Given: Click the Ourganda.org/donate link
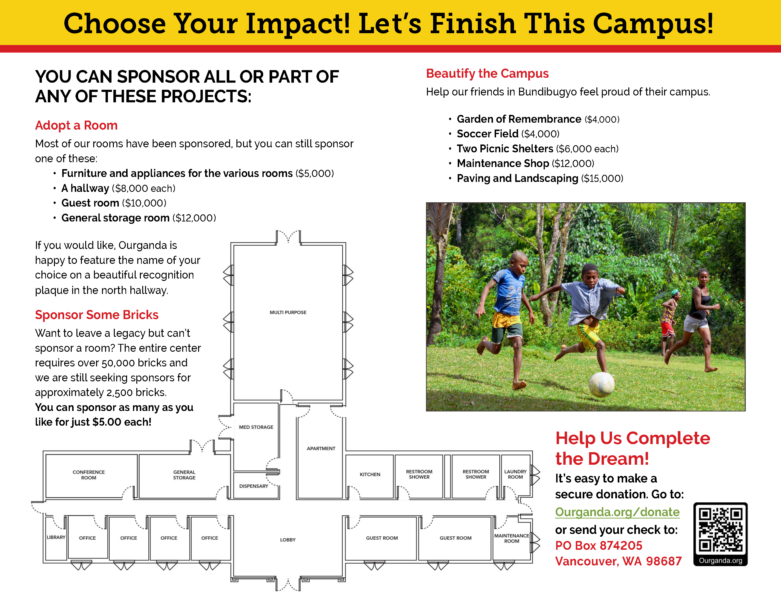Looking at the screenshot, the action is [617, 512].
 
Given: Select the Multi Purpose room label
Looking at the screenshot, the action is [288, 312].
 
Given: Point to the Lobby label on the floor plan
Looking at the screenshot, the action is [288, 540].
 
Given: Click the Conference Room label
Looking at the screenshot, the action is [89, 475].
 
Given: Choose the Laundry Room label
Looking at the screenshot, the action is [515, 474].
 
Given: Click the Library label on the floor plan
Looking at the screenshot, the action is [56, 537].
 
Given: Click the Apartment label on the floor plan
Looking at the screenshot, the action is [321, 448].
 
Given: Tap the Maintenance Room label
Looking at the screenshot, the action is [512, 538].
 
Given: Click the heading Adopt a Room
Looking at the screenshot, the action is [76, 126].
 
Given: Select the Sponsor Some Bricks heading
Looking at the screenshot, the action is [97, 315].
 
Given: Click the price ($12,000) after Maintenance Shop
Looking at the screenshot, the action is [573, 163].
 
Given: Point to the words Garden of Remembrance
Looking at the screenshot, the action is [519, 119].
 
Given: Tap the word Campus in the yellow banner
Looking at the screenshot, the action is [653, 24].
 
